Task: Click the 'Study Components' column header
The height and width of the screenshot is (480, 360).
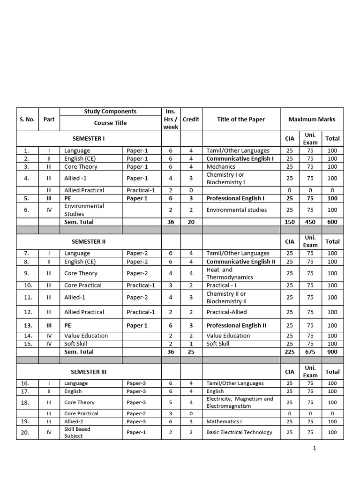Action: (110, 112)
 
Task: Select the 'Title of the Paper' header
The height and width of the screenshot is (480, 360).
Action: (241, 120)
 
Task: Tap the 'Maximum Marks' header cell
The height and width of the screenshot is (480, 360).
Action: (312, 120)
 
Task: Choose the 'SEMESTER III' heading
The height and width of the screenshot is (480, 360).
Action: (89, 372)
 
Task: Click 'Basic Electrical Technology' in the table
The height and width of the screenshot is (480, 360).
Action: (239, 432)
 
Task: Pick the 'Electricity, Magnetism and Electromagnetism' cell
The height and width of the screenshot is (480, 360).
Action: (240, 402)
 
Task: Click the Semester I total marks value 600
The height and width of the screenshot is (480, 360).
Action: (332, 222)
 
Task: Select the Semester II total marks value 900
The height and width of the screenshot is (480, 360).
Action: (332, 352)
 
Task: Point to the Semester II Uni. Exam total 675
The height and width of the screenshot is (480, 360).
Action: (310, 352)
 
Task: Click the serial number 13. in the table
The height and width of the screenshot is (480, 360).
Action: (27, 325)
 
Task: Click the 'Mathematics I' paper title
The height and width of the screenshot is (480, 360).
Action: (224, 421)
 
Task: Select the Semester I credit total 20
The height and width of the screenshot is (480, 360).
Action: (191, 222)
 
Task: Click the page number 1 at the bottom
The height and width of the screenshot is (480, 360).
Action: (315, 449)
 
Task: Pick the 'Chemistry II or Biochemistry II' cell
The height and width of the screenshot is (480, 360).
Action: (226, 297)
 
